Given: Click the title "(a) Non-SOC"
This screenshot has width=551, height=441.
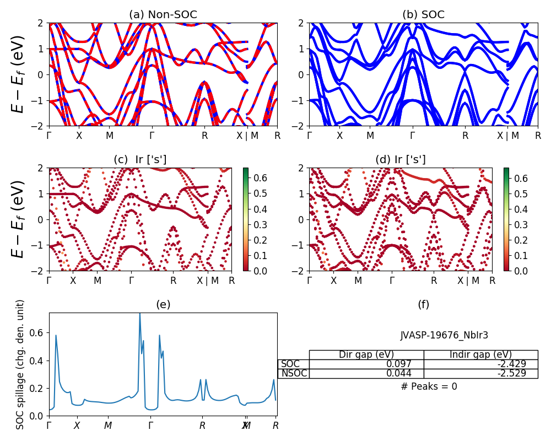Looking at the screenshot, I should (163, 15).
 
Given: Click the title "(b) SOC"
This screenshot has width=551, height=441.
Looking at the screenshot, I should (423, 15).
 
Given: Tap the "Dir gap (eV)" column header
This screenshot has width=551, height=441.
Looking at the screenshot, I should (366, 354).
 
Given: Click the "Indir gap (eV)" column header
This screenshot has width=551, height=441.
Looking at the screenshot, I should (480, 354).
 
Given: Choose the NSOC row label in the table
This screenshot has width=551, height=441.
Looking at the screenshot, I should (293, 373).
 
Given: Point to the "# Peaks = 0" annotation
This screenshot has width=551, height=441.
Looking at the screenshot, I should (429, 386).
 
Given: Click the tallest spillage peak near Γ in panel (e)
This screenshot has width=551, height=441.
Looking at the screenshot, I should (139, 314).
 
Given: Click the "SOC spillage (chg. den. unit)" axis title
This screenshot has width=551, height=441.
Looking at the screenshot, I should (20, 364).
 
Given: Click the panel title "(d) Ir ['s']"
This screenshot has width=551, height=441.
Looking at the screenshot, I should (401, 160).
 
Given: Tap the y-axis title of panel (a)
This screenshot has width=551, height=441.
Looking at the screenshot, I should (19, 74).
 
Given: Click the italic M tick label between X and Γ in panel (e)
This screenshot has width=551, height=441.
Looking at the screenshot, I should (108, 426).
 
